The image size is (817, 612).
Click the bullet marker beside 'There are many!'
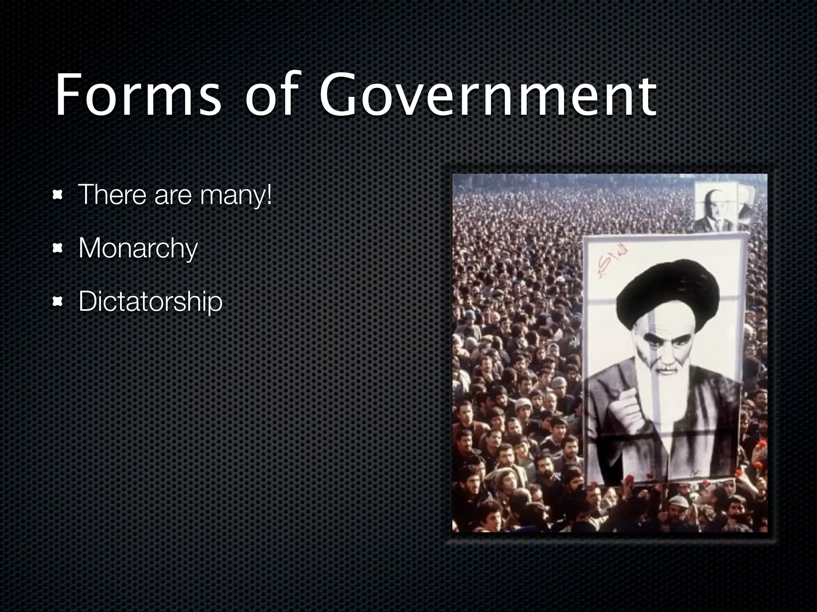(x=59, y=195)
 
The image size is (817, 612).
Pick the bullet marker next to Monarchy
(x=59, y=249)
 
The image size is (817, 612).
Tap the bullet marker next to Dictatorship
(x=59, y=302)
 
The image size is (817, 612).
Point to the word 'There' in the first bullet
(x=112, y=195)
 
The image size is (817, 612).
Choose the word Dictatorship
(x=150, y=302)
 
